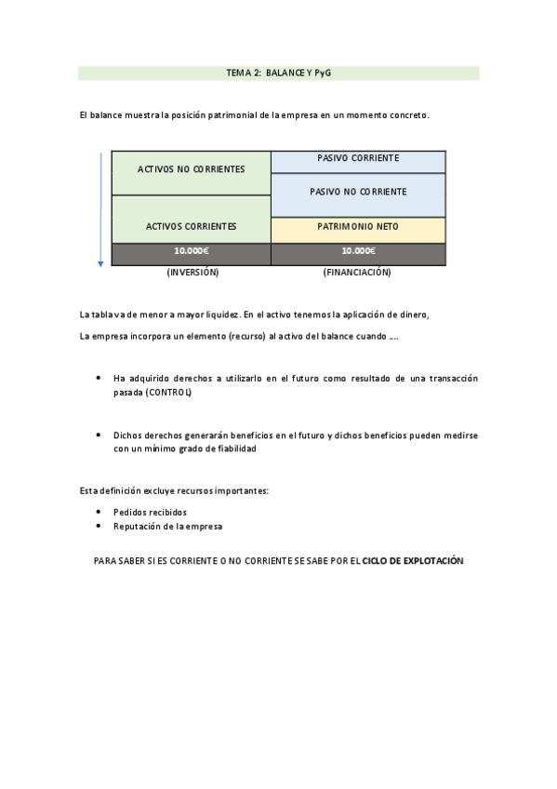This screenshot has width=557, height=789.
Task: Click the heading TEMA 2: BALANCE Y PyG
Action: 278,73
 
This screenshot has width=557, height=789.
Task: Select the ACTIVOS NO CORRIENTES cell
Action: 191,170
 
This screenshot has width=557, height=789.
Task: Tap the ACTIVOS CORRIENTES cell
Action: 191,226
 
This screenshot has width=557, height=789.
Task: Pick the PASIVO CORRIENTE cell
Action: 358,158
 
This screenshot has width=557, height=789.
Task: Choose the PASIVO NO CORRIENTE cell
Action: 358,192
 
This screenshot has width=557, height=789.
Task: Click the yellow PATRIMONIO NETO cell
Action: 358,225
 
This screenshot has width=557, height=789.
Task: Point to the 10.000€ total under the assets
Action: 192,250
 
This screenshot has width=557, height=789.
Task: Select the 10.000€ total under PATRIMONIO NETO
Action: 358,250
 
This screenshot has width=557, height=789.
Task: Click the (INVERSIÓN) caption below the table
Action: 192,273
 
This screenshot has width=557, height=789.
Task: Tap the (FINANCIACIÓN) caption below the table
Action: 357,273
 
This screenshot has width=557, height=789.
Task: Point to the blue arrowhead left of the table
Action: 100,264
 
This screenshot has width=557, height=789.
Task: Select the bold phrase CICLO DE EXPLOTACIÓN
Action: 412,562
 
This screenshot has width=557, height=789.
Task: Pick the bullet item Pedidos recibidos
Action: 150,512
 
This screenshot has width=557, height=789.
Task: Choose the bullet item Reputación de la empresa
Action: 167,526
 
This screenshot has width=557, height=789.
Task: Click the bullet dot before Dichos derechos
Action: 99,435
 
